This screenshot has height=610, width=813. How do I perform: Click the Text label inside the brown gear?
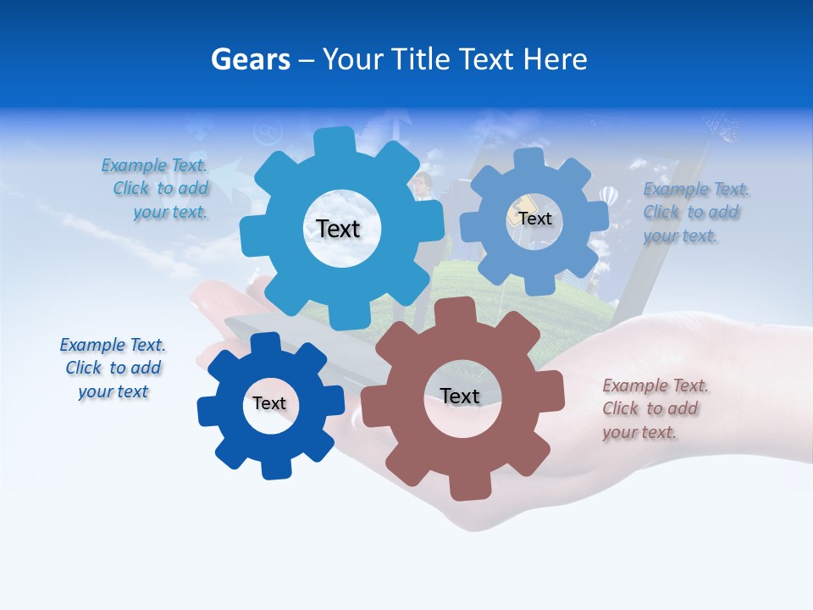point(460,396)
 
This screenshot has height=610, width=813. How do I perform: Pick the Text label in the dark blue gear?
point(269,404)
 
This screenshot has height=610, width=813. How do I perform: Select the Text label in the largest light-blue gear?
point(338,229)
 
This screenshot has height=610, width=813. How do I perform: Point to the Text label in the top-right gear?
point(534,219)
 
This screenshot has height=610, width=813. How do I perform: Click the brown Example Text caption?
point(655,409)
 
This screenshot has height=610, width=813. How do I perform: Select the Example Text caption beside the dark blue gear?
point(113,369)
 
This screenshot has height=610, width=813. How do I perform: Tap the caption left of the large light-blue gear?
point(156,189)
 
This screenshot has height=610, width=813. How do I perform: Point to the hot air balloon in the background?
point(608,196)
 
